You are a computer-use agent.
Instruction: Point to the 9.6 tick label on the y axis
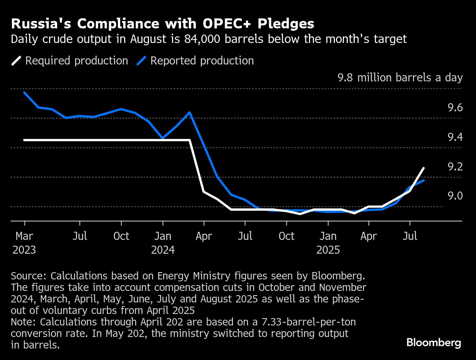tap(455, 108)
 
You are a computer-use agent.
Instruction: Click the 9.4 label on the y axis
tap(455, 137)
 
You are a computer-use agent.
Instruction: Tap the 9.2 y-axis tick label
tap(455, 167)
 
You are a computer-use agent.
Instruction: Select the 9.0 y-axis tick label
tap(455, 196)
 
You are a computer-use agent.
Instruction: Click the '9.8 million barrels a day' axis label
tap(400, 78)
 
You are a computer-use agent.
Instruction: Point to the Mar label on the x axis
tap(25, 236)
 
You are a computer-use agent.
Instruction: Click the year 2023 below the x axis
tap(24, 250)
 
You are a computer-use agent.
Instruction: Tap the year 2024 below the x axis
tap(163, 250)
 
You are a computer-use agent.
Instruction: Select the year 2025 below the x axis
tap(328, 250)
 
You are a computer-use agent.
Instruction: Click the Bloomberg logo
tap(434, 342)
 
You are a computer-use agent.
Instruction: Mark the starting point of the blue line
tap(25, 92)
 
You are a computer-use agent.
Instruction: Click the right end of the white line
tap(423, 168)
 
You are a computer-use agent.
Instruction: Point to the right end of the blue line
tap(423, 180)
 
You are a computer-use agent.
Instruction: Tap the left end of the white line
tap(25, 140)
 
